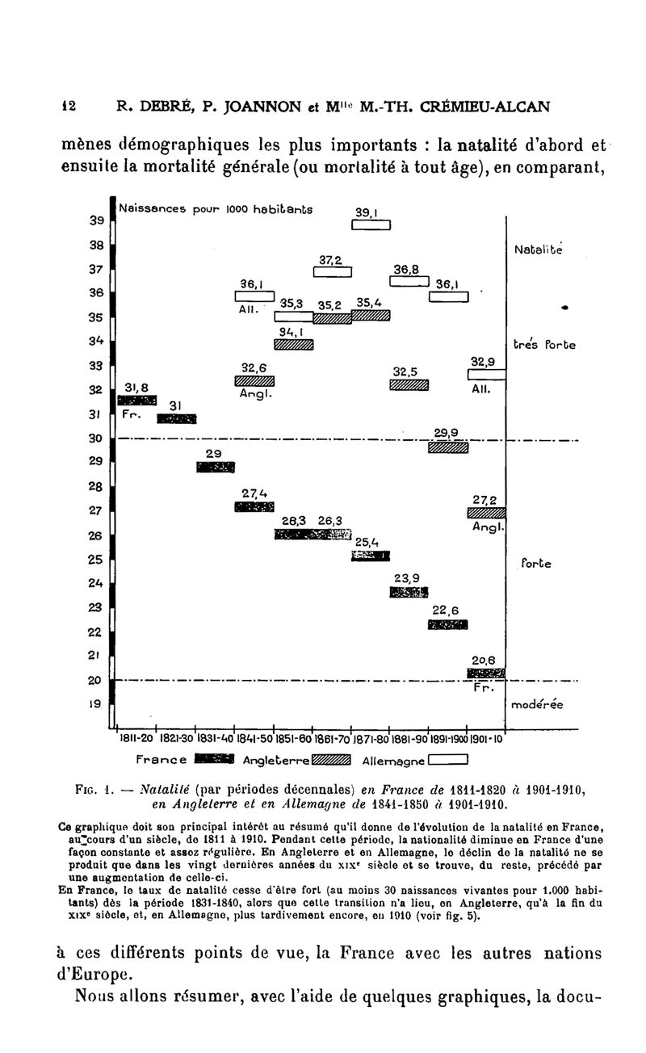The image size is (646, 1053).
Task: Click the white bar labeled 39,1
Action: coord(371,225)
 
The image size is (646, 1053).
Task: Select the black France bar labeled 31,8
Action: coord(137,400)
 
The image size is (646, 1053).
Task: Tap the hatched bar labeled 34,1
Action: coord(293,345)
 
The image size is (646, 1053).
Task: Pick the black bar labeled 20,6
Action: coord(487,673)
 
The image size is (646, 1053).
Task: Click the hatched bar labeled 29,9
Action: coord(448,447)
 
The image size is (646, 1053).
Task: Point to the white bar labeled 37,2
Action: coord(332,271)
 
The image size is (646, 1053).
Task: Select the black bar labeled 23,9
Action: coord(409,593)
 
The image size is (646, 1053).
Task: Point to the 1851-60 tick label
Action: coord(293,738)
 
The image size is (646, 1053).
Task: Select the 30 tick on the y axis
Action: coord(95,438)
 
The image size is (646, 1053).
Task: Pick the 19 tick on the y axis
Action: coord(95,704)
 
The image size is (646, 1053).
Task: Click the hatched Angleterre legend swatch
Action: coord(331,758)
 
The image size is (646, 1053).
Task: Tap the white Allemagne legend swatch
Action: coord(449,758)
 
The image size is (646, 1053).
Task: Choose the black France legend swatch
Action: coord(215,758)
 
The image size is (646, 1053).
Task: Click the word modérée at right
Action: coord(537,705)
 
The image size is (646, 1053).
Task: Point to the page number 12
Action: coord(46,104)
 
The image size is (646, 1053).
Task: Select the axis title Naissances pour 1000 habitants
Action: coord(216,208)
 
